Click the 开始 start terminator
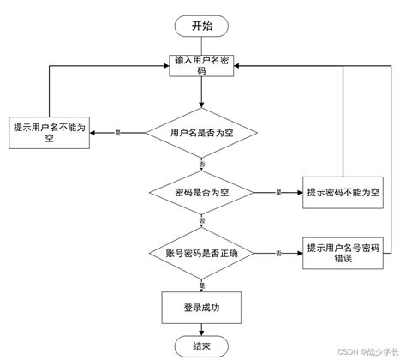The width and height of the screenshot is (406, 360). point(202,25)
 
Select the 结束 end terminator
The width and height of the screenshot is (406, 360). point(202,345)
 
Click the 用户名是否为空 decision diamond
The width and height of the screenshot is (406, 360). point(202,133)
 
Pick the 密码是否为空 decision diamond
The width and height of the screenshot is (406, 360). point(202,193)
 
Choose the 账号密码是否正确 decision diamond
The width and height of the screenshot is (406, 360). point(202,252)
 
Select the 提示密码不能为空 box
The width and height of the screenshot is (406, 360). point(342,193)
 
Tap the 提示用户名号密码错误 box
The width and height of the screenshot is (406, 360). point(342,252)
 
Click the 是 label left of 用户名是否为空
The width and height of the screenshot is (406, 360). point(117,133)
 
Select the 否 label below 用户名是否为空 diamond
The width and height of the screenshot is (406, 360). point(202,163)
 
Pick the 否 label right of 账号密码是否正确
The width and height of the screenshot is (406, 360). point(278,253)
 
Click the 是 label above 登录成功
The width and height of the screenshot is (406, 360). point(202,283)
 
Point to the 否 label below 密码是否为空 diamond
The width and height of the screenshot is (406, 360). point(202,222)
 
